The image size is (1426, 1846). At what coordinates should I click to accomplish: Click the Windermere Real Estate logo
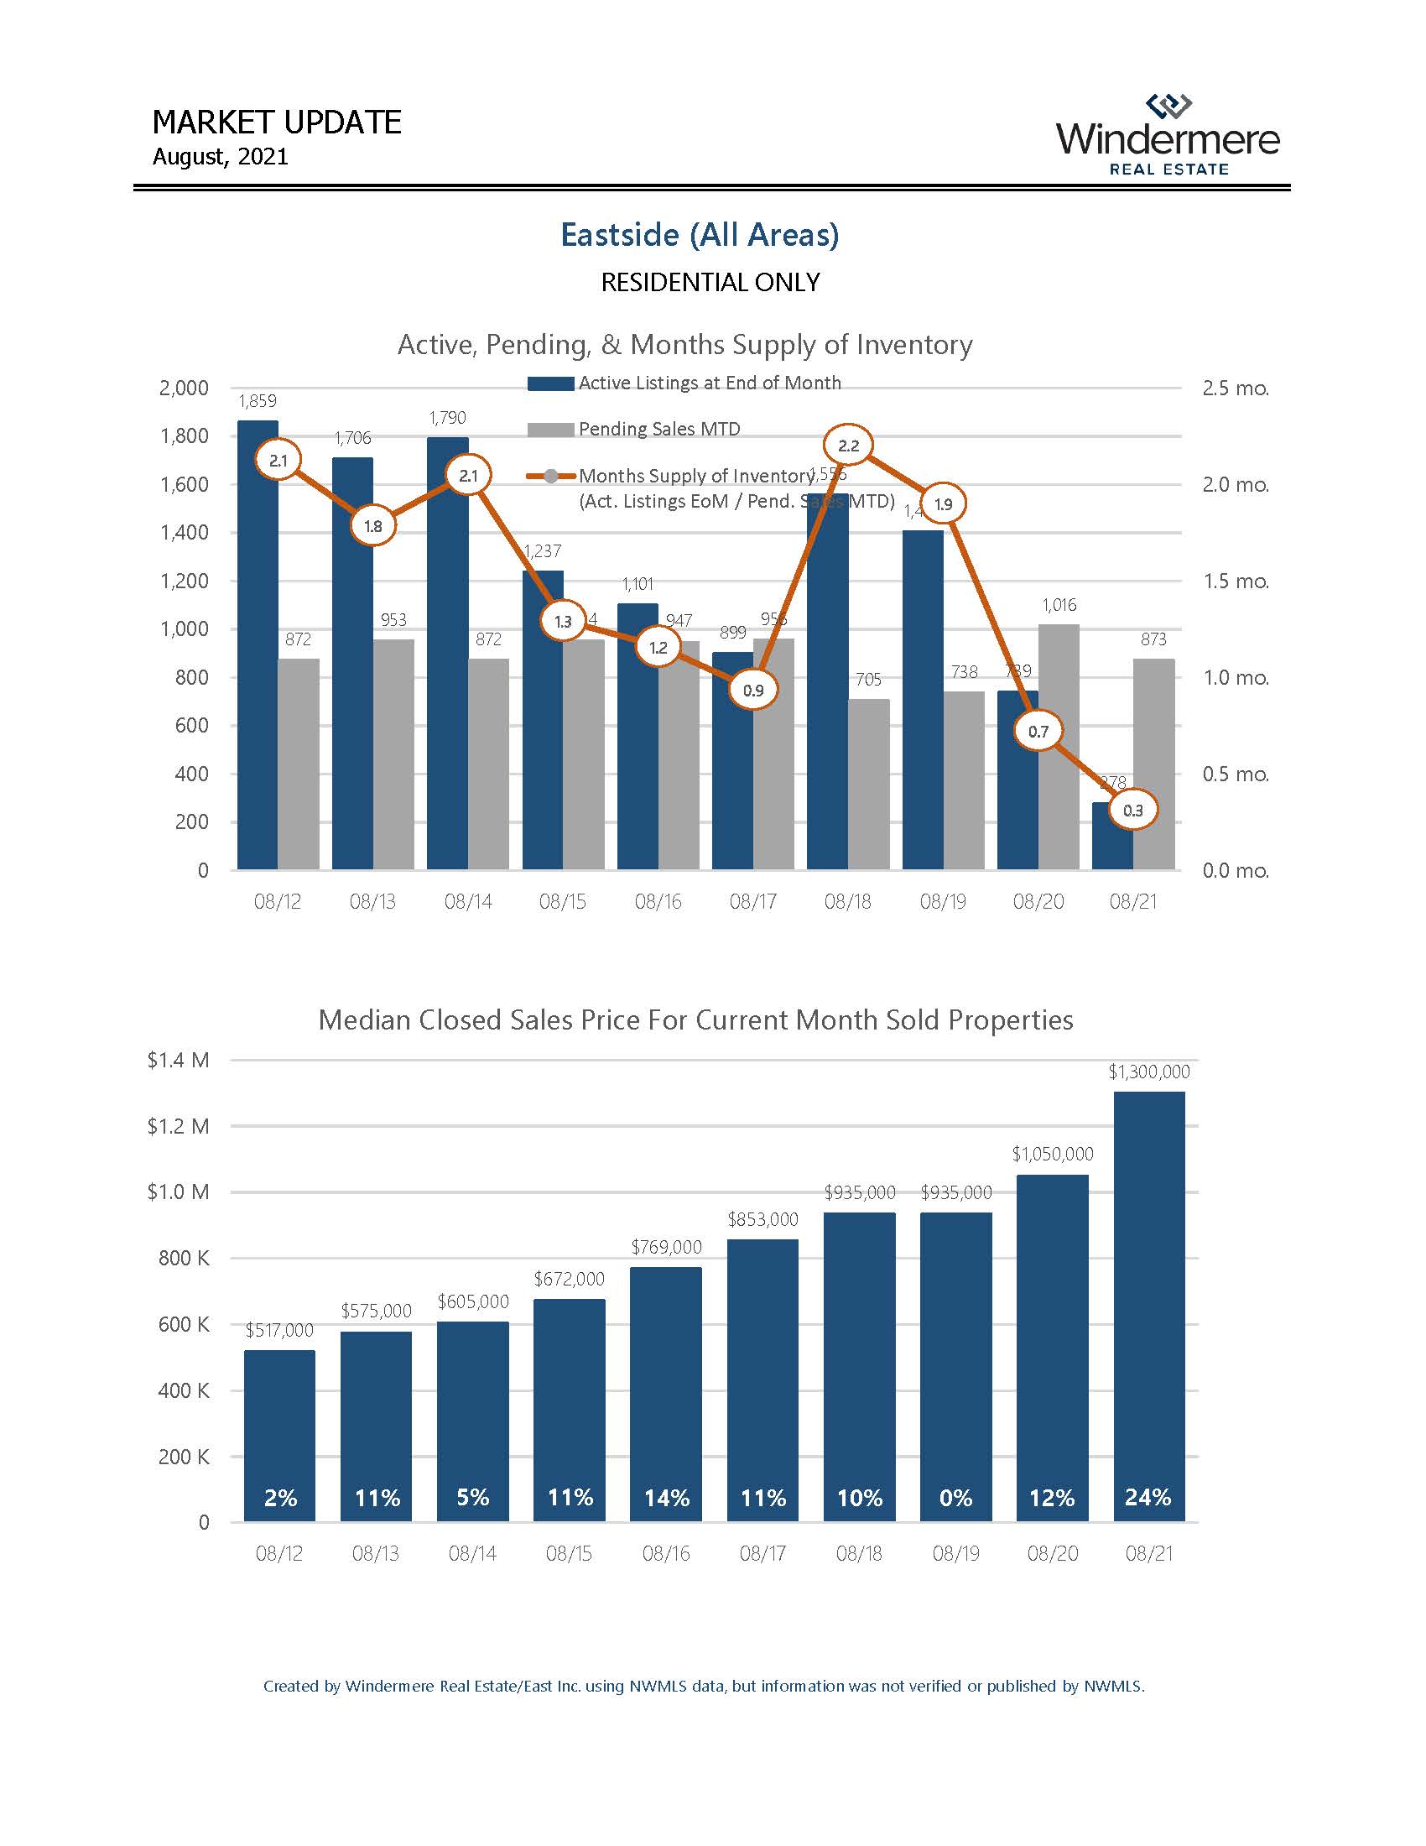click(1168, 135)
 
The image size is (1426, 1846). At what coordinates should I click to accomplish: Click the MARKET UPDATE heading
click(276, 123)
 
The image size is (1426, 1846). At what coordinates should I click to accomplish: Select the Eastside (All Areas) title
click(700, 234)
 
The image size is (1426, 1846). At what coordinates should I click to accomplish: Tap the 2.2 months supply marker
click(848, 446)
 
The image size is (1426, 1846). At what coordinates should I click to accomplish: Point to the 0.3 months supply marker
click(1133, 810)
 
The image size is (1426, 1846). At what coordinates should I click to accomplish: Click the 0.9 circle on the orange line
click(752, 690)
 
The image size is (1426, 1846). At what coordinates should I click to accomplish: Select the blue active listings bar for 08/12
click(258, 643)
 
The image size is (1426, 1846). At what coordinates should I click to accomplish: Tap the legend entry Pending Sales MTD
click(658, 430)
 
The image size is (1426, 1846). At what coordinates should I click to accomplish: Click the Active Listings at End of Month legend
click(709, 383)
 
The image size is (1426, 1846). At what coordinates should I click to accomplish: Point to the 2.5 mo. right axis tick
click(1235, 388)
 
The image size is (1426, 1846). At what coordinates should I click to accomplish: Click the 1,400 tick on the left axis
click(185, 533)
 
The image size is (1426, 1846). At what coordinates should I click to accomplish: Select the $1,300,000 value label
click(1149, 1072)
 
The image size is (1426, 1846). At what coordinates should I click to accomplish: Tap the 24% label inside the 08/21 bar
click(1148, 1497)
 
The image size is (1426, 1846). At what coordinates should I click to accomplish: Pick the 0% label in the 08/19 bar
click(955, 1498)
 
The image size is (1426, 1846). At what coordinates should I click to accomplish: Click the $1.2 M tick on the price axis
click(178, 1126)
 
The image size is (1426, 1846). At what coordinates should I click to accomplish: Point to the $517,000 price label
click(278, 1331)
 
